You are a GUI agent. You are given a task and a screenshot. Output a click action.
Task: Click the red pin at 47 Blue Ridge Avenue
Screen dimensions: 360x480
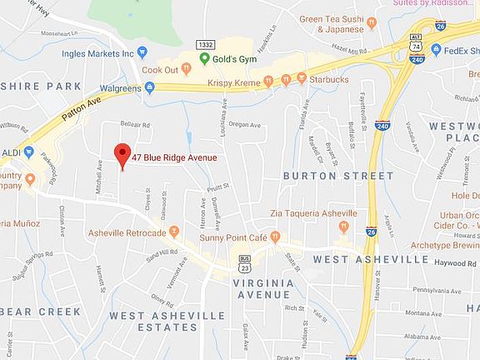pos(122,155)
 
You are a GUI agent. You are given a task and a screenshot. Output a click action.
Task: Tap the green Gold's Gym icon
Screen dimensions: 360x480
pos(204,58)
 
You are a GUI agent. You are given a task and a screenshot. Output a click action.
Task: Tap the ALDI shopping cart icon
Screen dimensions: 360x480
pos(28,152)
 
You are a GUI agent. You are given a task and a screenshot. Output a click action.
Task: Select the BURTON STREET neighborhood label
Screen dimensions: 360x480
pos(337,176)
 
